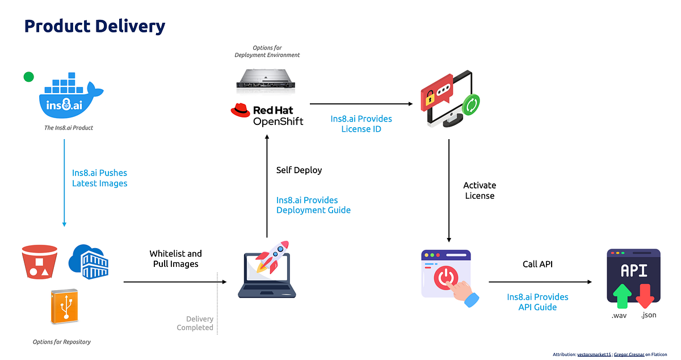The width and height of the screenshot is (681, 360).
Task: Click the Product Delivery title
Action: coord(95,26)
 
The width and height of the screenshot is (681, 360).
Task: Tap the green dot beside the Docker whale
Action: coord(28,77)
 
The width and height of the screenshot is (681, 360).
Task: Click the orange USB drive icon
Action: coord(63,307)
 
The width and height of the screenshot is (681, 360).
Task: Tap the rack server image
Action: coord(267,78)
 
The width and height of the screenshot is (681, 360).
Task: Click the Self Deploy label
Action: coord(299,170)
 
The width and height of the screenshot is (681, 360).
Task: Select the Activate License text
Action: coord(479,191)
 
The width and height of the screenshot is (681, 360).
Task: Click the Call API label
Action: coord(537,264)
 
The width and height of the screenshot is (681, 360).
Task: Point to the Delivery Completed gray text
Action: coord(195,323)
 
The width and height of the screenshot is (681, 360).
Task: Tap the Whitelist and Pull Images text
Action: coord(175,259)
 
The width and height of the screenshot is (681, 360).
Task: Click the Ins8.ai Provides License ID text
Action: coord(361,124)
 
